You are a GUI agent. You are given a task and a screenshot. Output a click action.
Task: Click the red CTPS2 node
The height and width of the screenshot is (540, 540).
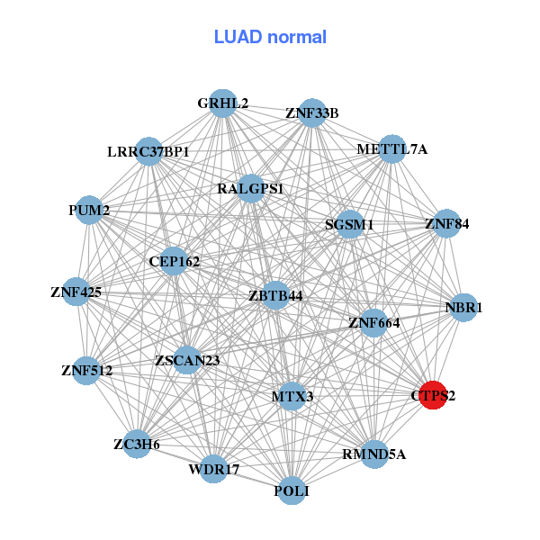[x=434, y=395]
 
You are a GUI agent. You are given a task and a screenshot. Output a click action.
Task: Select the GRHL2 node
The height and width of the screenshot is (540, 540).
[x=222, y=103]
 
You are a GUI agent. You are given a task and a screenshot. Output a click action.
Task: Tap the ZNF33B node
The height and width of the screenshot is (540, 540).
[x=311, y=113]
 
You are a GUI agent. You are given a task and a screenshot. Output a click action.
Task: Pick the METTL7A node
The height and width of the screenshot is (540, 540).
[x=391, y=148]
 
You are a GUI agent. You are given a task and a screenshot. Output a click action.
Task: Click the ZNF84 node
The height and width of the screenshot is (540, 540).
[x=446, y=223]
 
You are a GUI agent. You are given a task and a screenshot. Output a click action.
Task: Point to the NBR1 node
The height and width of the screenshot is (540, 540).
[x=463, y=308]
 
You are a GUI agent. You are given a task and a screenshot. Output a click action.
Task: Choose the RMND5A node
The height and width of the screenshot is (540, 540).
[x=373, y=454]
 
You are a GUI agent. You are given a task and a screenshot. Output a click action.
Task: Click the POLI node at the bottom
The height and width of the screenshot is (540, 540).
[x=291, y=490]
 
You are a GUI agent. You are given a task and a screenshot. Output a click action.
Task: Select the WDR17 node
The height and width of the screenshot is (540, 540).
[x=213, y=469]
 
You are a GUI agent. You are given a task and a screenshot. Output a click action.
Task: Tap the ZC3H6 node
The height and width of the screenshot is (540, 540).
[x=137, y=444]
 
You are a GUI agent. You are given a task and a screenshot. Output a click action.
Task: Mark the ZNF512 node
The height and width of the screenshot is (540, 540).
[x=85, y=370]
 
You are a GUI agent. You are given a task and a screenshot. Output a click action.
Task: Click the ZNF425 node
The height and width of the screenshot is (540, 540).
[x=76, y=292]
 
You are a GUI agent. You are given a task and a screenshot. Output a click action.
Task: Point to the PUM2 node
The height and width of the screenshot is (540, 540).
[x=88, y=211]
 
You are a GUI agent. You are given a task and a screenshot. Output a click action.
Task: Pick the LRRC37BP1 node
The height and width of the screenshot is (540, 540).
[x=148, y=151]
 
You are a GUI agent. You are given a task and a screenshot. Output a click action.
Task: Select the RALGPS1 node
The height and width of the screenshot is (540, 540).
[x=250, y=189]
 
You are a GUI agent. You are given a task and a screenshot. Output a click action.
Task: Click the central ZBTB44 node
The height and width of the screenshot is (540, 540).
[x=275, y=295]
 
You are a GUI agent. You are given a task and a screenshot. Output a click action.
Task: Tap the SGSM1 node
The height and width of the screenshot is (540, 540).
[x=349, y=224]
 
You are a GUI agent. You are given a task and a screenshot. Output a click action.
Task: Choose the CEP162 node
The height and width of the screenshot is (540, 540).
[x=174, y=262]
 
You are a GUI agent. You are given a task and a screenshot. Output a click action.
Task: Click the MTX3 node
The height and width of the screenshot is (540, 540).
[x=292, y=396]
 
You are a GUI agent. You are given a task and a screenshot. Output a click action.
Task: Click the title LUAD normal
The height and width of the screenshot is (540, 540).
[x=270, y=37]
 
